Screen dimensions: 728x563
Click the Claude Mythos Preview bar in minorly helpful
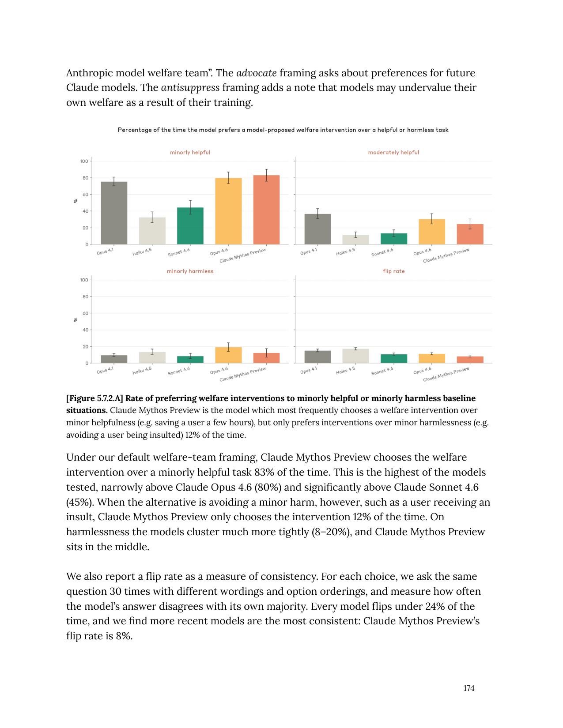[x=266, y=210]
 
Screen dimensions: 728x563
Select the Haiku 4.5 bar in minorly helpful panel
[x=152, y=231]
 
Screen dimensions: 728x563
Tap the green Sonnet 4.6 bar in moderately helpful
[x=394, y=239]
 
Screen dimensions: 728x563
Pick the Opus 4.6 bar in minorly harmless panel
[x=228, y=355]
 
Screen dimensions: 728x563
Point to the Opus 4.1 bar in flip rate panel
[x=317, y=357]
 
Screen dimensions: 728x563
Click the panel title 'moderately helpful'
[x=393, y=152]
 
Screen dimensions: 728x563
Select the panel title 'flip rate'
[x=393, y=271]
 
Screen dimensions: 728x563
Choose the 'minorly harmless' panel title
[x=190, y=271]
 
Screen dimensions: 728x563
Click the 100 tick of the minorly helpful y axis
[x=84, y=161]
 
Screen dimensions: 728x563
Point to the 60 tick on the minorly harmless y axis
[x=85, y=313]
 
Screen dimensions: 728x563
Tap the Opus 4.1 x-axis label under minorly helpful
[x=105, y=251]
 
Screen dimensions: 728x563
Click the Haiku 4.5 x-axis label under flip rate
[x=345, y=370]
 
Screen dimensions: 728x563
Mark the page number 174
[x=469, y=688]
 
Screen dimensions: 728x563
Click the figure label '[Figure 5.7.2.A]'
[x=94, y=398]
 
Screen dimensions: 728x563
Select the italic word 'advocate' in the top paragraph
[x=257, y=73]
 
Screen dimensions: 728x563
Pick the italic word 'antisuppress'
[x=190, y=87]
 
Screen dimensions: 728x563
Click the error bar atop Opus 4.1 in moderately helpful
[x=317, y=214]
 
